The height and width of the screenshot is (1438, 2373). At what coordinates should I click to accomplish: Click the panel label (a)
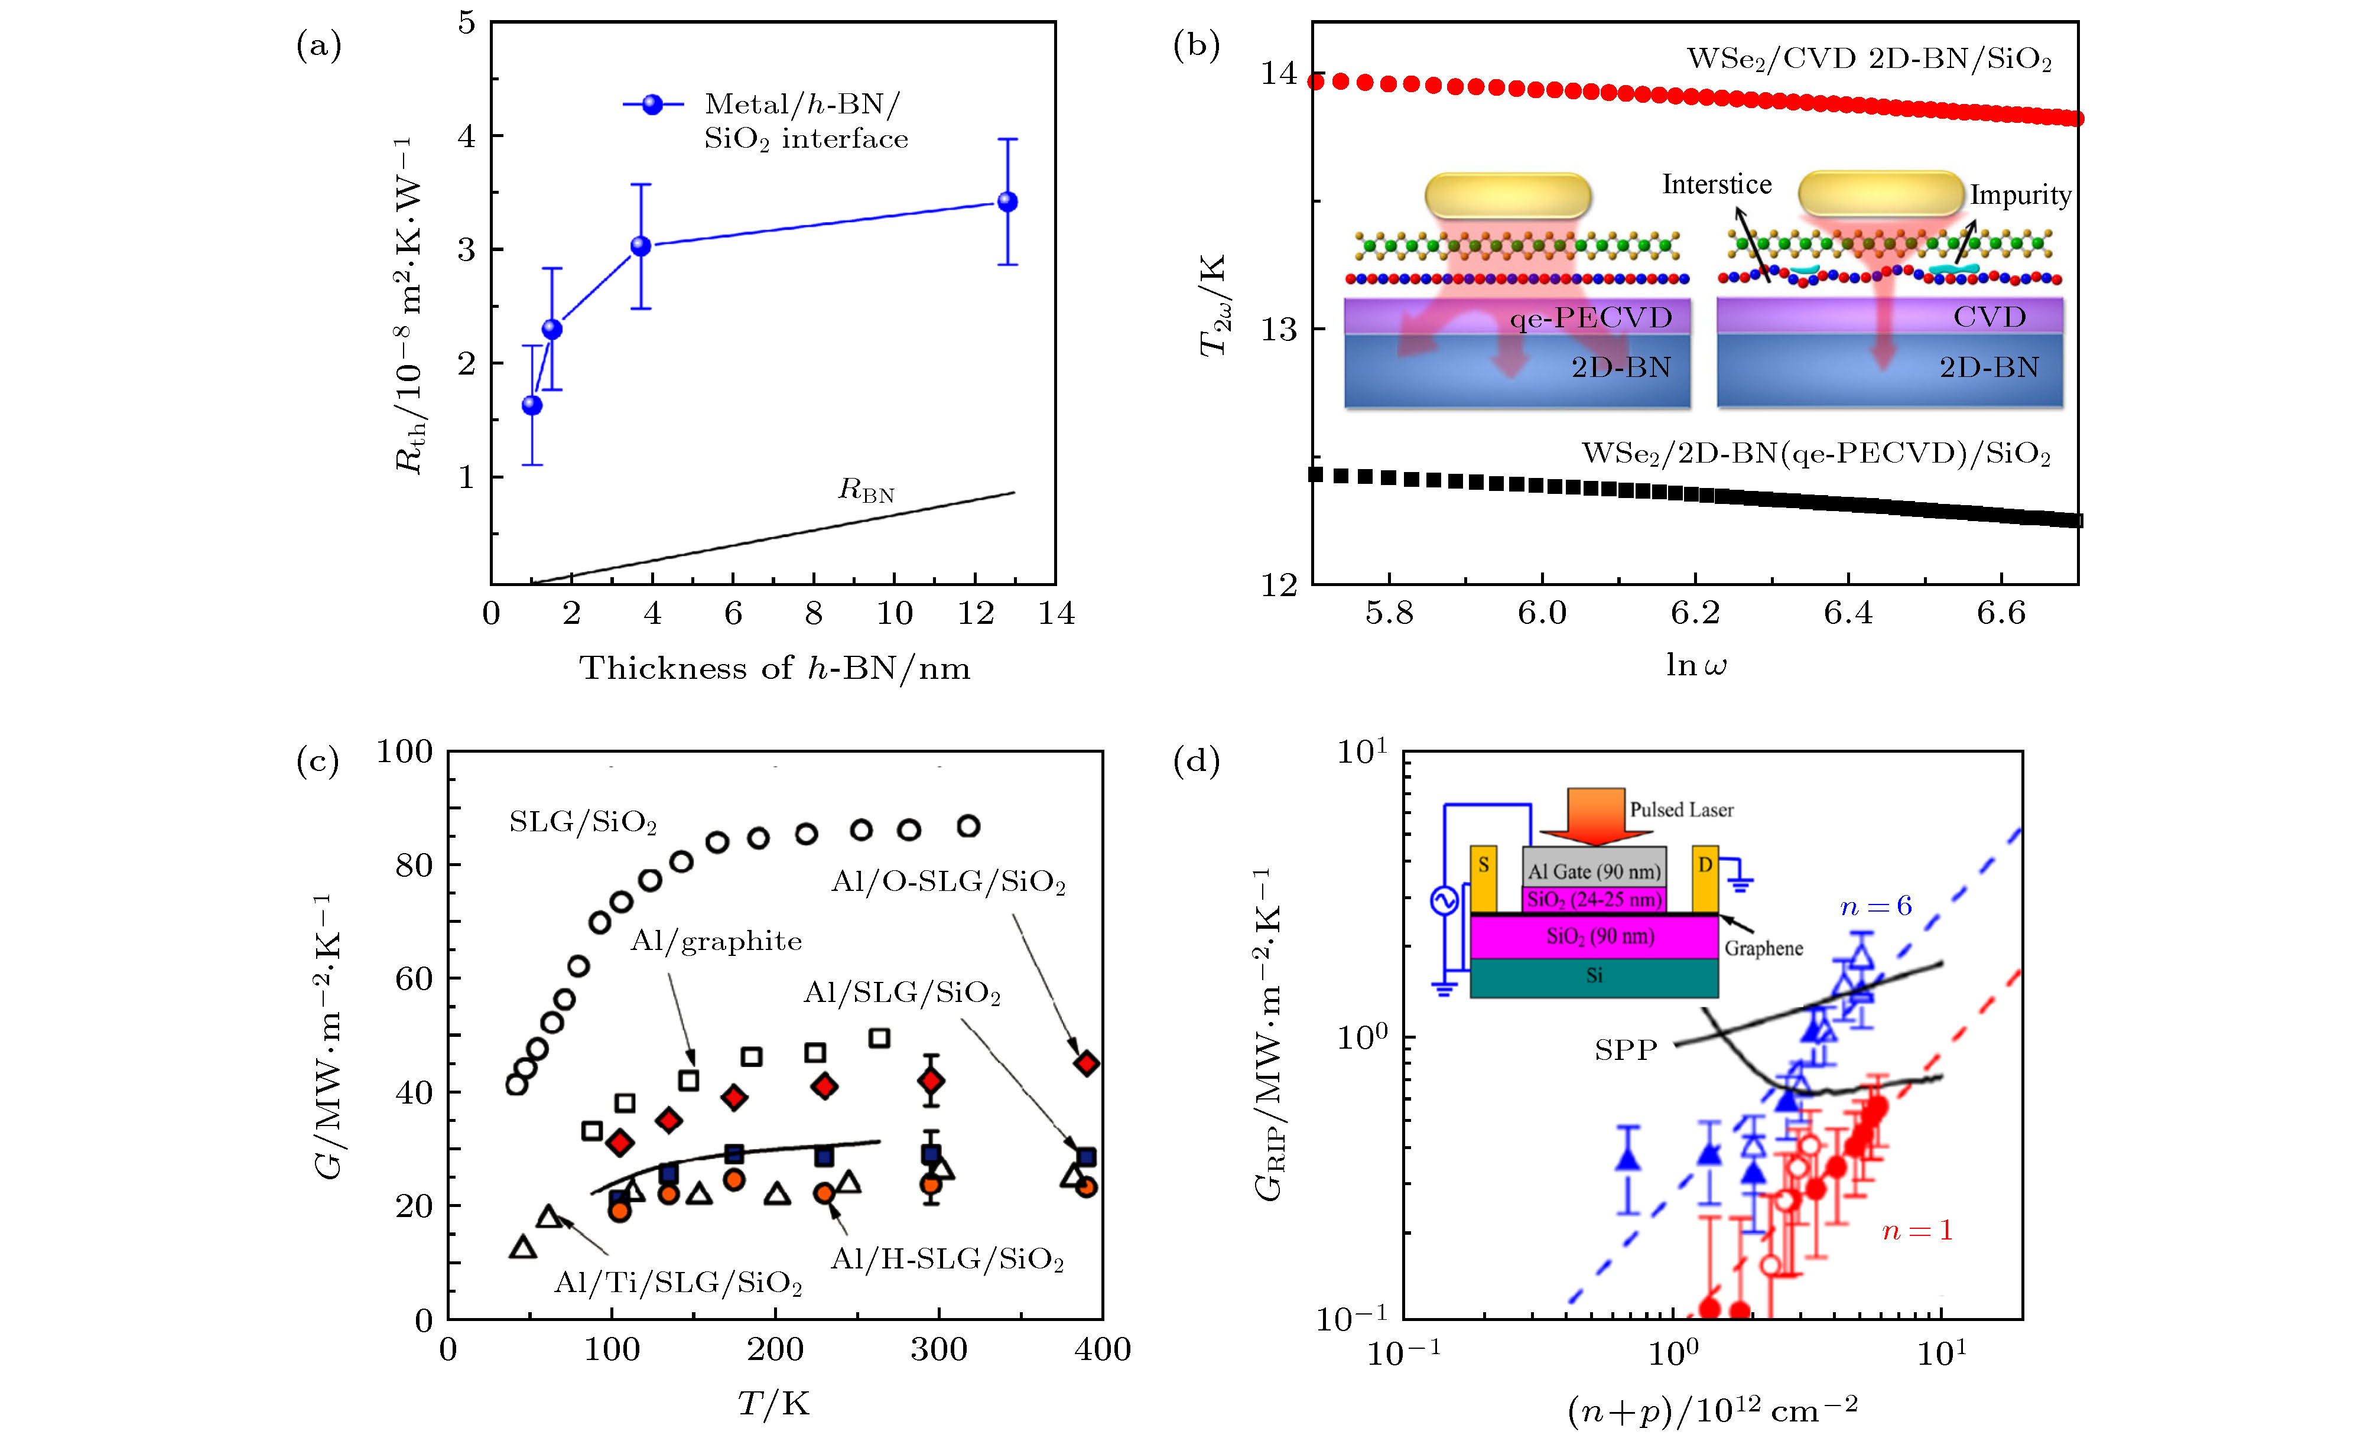click(318, 45)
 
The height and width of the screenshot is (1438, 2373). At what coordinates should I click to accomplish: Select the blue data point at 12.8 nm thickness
click(1007, 201)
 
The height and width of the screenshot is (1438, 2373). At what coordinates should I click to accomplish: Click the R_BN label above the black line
click(866, 490)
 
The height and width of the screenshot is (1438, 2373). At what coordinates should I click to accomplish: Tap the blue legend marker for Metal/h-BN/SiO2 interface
click(653, 104)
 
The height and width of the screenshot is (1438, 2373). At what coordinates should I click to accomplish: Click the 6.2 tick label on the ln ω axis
click(1695, 613)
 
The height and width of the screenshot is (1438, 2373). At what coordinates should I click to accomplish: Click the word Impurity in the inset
click(2020, 196)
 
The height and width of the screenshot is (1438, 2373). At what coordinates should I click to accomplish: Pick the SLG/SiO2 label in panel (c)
click(583, 822)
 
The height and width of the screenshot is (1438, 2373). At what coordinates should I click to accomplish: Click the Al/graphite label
click(716, 941)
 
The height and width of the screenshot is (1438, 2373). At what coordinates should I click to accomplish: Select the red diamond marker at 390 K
click(1086, 1063)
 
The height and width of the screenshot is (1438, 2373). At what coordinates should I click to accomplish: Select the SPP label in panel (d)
click(1626, 1050)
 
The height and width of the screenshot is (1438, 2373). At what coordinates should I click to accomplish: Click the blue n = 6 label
click(1875, 906)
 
